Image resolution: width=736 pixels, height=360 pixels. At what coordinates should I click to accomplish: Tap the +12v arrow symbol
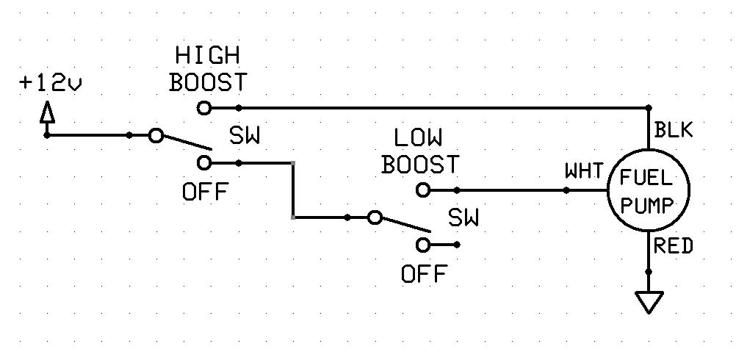(x=47, y=115)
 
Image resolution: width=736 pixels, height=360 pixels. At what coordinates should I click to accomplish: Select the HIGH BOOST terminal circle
(x=204, y=108)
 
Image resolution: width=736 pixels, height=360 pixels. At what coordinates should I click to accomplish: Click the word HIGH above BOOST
(x=208, y=56)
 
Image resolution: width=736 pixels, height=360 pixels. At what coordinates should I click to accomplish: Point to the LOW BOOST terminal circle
(x=422, y=190)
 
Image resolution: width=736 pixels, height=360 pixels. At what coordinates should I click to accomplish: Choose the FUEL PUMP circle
(x=648, y=190)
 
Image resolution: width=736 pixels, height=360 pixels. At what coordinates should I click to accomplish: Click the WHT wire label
(x=584, y=172)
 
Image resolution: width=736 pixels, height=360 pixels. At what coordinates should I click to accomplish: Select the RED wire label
(x=674, y=247)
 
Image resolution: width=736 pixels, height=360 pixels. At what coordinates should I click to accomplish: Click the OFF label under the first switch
(x=205, y=192)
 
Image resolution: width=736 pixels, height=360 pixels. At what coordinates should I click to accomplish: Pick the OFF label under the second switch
(x=424, y=275)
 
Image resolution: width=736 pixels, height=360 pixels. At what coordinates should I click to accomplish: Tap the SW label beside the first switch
(x=246, y=137)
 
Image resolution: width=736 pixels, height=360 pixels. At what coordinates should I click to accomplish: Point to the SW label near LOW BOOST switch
(x=463, y=218)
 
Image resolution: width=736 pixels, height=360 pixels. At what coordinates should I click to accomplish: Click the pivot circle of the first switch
(x=156, y=135)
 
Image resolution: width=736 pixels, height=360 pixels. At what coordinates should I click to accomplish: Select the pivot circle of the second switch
(x=375, y=217)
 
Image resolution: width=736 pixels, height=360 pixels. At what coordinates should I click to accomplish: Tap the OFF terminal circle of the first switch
(x=205, y=162)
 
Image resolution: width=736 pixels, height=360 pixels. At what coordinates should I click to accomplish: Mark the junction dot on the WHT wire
(x=566, y=190)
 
